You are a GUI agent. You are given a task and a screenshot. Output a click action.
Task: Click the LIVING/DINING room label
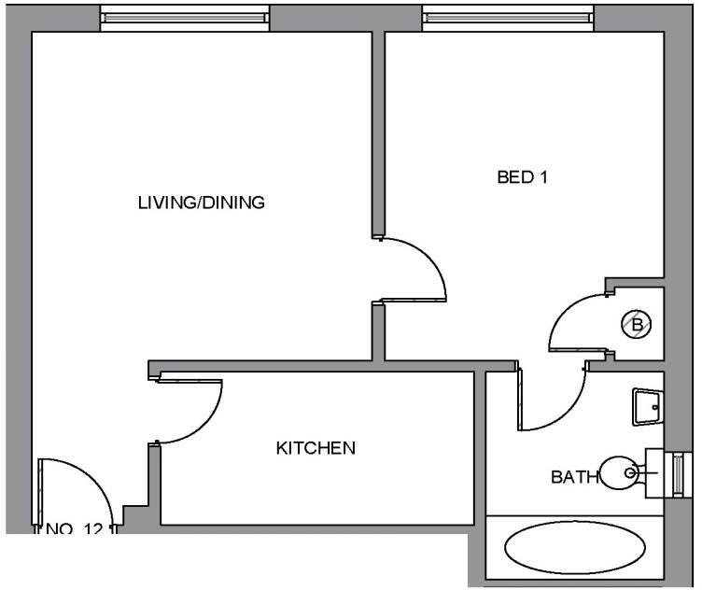point(202,202)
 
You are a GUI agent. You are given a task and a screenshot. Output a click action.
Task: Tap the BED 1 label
point(521,177)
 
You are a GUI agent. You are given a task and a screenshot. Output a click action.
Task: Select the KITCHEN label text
point(316,448)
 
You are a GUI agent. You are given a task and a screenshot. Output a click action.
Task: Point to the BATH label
point(574,477)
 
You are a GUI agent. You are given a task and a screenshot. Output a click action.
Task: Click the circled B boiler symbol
point(639,324)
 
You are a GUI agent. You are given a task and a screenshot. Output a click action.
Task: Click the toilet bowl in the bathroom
point(619,472)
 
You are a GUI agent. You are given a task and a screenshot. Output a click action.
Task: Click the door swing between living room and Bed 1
point(420,266)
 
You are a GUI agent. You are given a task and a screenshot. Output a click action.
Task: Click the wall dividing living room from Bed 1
point(379,131)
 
